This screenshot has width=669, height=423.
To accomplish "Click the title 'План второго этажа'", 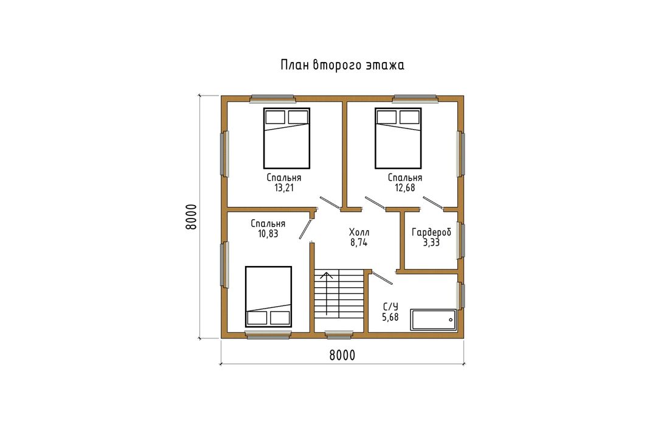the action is [342, 65].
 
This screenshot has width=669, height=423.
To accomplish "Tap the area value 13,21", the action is [284, 188].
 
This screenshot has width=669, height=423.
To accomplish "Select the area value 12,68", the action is [405, 188].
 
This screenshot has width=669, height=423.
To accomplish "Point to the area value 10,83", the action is [268, 234].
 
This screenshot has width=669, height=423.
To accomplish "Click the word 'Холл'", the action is [359, 232].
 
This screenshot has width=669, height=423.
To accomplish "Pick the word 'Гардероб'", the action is [431, 232].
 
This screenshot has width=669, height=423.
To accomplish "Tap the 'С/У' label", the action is [390, 307].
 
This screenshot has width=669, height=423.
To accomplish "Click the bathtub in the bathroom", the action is [434, 320].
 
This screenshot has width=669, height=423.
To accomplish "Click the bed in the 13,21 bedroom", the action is [286, 138].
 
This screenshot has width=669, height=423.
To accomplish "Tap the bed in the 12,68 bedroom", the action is [398, 138].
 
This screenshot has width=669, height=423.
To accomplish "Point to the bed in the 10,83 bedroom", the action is [268, 297].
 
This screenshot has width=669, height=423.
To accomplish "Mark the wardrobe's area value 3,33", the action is [431, 242].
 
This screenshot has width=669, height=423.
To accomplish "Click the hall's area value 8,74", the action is [359, 242].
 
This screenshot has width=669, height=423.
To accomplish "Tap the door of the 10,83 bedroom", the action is [305, 229].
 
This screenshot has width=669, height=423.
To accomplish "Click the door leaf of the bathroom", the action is [383, 278].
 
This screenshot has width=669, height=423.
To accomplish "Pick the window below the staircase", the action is [339, 335].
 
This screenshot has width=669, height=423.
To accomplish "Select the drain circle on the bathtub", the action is [451, 320].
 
